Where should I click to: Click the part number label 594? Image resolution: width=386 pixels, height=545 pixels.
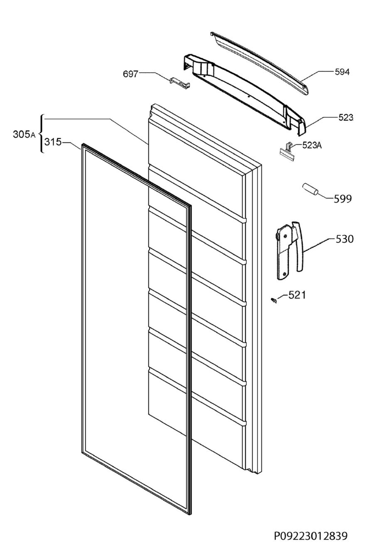[342, 72]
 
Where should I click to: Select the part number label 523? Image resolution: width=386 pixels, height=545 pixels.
[345, 118]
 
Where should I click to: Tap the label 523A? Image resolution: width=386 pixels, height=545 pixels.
[312, 145]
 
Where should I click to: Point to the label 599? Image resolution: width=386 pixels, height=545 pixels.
[343, 199]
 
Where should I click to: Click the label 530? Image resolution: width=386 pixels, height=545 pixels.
[344, 239]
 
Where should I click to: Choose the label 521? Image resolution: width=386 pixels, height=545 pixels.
[297, 295]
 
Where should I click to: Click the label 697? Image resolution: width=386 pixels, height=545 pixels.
[130, 74]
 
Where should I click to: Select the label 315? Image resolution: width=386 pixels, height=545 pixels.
[53, 142]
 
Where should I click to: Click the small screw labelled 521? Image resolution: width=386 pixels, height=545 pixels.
[274, 300]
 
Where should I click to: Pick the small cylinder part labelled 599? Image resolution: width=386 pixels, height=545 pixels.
[310, 189]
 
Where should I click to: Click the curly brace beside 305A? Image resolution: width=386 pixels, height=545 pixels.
[41, 134]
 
